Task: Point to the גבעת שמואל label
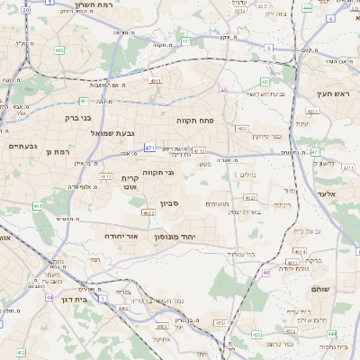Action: [113, 133]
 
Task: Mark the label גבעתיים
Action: [22, 146]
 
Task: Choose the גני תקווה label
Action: [157, 171]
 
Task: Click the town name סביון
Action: [170, 203]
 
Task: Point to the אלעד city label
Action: [328, 193]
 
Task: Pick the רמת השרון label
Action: [72, 4]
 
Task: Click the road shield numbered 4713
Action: [199, 151]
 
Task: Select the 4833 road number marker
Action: [242, 130]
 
